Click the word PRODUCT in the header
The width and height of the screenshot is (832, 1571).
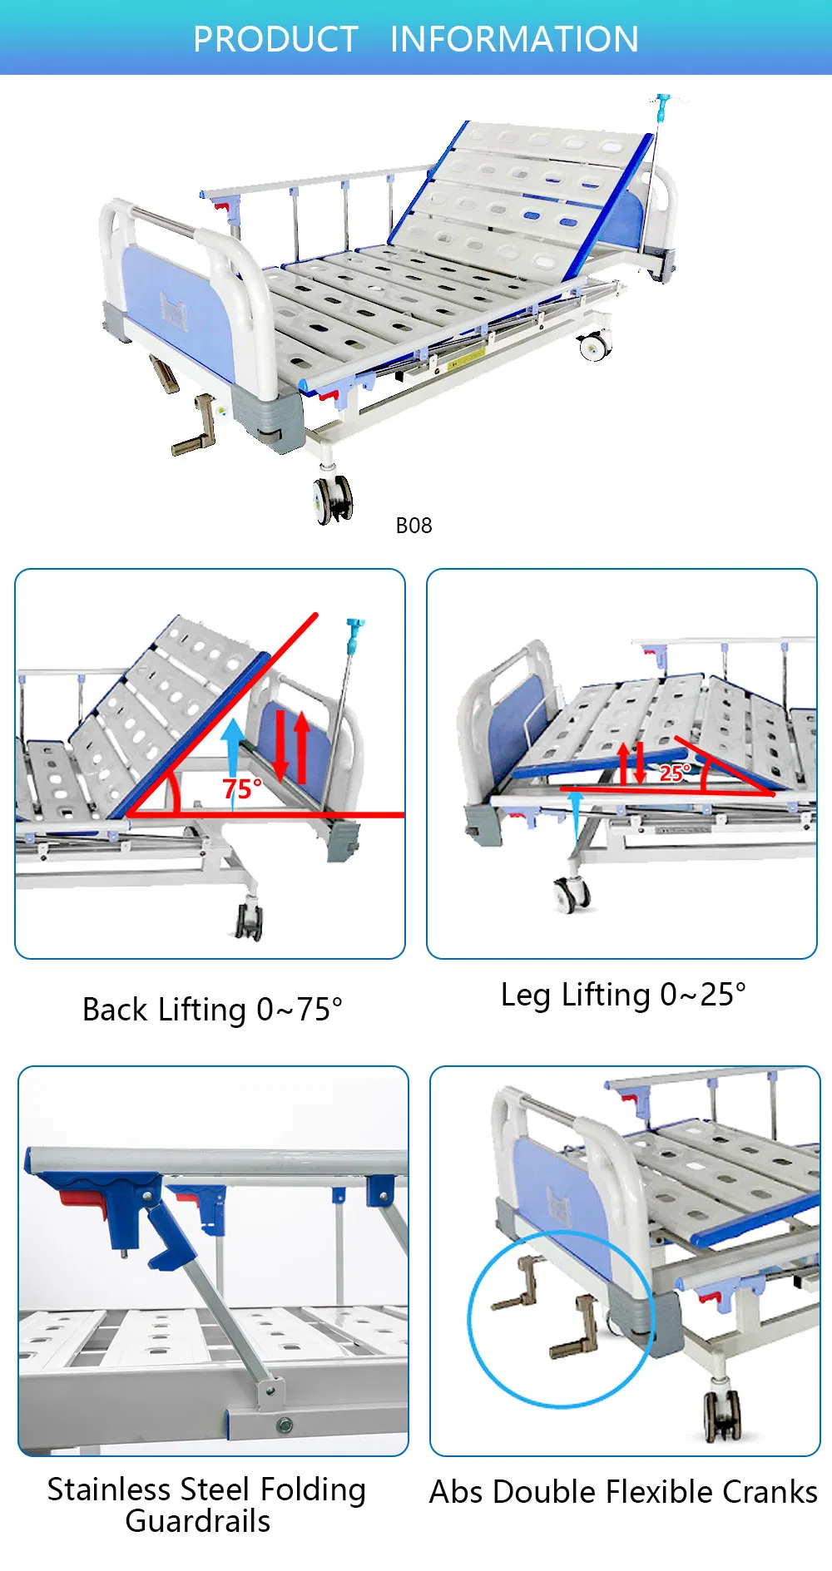click(x=275, y=39)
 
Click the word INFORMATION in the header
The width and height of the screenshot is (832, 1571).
click(x=514, y=39)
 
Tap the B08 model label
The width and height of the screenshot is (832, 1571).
click(x=414, y=526)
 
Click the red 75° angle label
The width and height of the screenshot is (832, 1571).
click(x=241, y=788)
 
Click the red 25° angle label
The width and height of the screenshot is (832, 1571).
click(x=675, y=773)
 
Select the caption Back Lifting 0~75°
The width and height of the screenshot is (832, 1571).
click(x=212, y=1010)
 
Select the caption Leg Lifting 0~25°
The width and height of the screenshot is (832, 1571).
click(x=623, y=995)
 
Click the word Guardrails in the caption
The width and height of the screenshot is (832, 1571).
click(x=198, y=1521)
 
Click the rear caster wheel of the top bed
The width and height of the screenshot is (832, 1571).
click(x=594, y=345)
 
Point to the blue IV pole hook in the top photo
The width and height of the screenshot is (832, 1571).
click(x=662, y=105)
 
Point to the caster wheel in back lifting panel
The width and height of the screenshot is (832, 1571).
click(x=250, y=921)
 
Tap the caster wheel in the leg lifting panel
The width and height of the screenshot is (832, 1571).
click(x=572, y=893)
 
